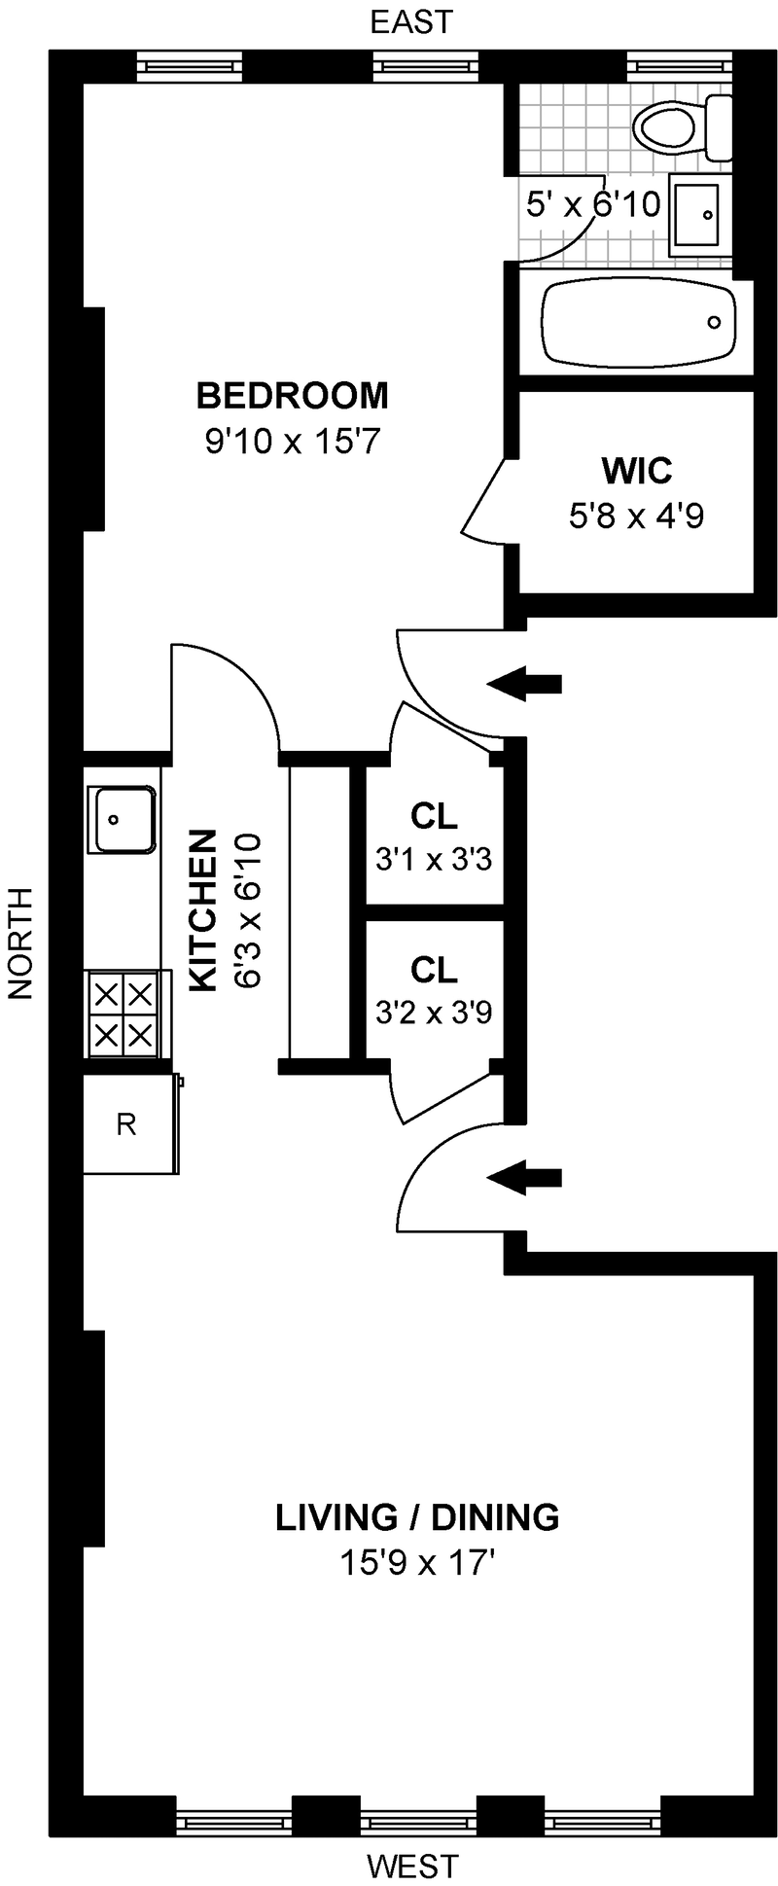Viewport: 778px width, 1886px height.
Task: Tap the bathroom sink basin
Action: click(x=699, y=213)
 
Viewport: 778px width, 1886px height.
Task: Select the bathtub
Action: click(x=637, y=323)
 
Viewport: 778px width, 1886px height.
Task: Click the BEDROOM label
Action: click(x=292, y=396)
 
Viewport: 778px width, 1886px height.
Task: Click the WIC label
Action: click(x=637, y=471)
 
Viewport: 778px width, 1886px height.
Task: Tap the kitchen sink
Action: click(x=122, y=820)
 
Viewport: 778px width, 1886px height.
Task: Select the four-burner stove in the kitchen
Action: click(x=124, y=1013)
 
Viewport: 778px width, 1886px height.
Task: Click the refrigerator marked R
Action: click(x=127, y=1124)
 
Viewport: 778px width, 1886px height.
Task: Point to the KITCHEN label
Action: click(x=202, y=910)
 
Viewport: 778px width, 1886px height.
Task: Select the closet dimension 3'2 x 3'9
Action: click(x=434, y=1014)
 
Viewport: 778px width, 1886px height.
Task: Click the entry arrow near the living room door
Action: click(x=524, y=1177)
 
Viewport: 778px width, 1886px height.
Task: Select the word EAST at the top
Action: click(x=411, y=21)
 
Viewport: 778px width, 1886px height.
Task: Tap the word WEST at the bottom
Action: click(x=411, y=1866)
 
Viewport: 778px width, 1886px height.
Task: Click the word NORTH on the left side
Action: click(x=20, y=943)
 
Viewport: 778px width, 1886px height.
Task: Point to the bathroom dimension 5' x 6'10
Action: click(x=593, y=205)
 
